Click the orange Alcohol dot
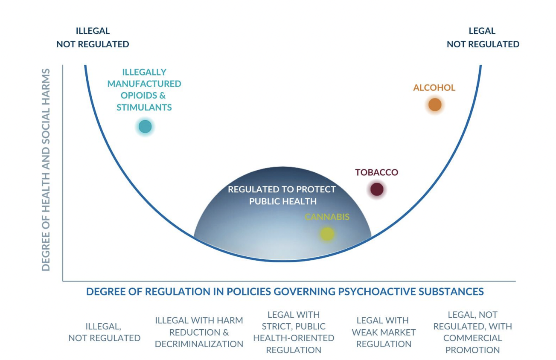point(434,105)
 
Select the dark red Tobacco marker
point(377,189)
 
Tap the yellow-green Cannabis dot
point(327,234)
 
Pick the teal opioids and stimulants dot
point(145,127)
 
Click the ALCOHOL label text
point(434,88)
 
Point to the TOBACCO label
point(376,172)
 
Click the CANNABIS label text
point(327,217)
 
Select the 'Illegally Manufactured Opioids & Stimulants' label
point(144,90)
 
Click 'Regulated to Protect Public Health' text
point(282,195)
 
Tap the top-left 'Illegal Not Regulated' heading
point(93,38)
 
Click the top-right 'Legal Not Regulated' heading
point(483,38)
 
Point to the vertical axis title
point(46,169)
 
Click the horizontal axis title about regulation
point(285,292)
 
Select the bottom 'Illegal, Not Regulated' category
point(104,332)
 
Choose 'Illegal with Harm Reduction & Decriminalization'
point(199,332)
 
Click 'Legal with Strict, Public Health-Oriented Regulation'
point(294,332)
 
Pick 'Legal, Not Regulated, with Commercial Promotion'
point(472,332)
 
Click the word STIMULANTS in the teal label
point(144,107)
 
